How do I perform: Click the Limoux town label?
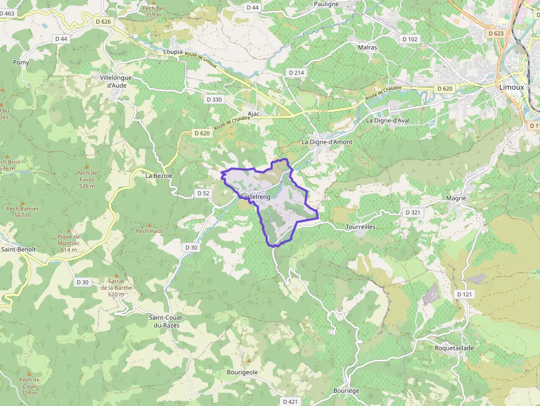pyautogui.click(x=511, y=87)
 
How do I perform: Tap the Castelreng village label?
pyautogui.click(x=255, y=197)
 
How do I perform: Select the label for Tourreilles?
pyautogui.click(x=360, y=227)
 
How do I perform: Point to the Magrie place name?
pyautogui.click(x=456, y=198)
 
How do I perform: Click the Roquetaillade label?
pyautogui.click(x=454, y=348)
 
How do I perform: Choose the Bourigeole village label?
pyautogui.click(x=242, y=372)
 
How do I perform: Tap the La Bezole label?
pyautogui.click(x=159, y=176)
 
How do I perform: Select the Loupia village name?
pyautogui.click(x=174, y=52)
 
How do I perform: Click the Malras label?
pyautogui.click(x=368, y=47)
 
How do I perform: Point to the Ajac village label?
pyautogui.click(x=253, y=113)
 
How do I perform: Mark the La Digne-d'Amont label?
pyautogui.click(x=327, y=142)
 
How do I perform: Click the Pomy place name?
pyautogui.click(x=21, y=63)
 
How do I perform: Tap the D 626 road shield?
pyautogui.click(x=103, y=21)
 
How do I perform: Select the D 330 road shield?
pyautogui.click(x=213, y=100)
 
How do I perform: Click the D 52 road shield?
pyautogui.click(x=203, y=193)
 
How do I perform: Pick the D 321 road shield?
pyautogui.click(x=413, y=212)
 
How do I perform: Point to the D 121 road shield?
pyautogui.click(x=465, y=295)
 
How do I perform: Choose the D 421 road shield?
pyautogui.click(x=290, y=402)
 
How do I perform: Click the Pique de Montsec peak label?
pyautogui.click(x=69, y=243)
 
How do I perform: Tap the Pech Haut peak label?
pyautogui.click(x=149, y=231)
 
